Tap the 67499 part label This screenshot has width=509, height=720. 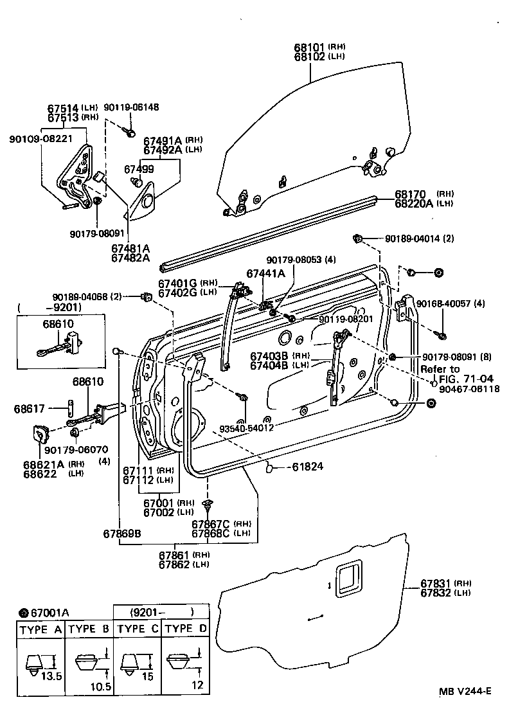(x=138, y=168)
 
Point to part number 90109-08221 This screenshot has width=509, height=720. (x=40, y=138)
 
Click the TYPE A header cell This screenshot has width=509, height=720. (x=40, y=629)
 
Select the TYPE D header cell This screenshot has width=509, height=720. (x=185, y=629)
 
